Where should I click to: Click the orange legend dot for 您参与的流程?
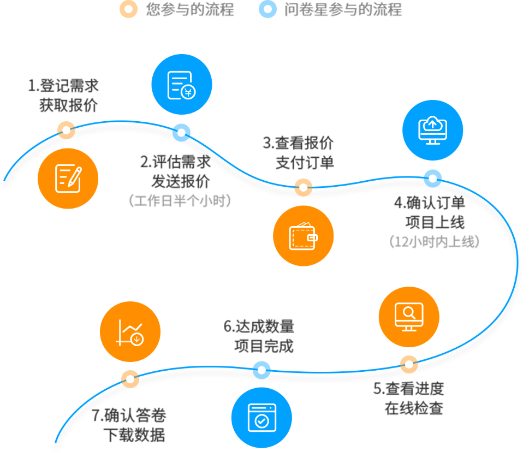(x=128, y=9)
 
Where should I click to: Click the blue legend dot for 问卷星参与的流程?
(x=268, y=9)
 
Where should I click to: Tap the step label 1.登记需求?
(x=64, y=86)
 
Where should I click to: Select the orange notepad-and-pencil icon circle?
(x=68, y=178)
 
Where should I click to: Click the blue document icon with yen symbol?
(x=182, y=85)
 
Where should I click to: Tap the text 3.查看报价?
(x=298, y=144)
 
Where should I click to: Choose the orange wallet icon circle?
(x=303, y=236)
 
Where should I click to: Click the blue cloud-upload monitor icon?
(x=432, y=130)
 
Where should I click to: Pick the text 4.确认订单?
(x=430, y=203)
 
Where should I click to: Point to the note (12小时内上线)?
(x=435, y=241)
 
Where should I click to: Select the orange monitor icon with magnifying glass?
(x=409, y=317)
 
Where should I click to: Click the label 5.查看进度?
(x=408, y=389)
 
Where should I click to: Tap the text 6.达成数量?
(x=259, y=327)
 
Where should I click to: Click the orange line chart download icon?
(x=130, y=332)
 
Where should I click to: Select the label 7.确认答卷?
(x=129, y=416)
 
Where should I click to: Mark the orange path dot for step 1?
(x=66, y=130)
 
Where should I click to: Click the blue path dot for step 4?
(x=432, y=178)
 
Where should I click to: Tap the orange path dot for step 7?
(x=130, y=378)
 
